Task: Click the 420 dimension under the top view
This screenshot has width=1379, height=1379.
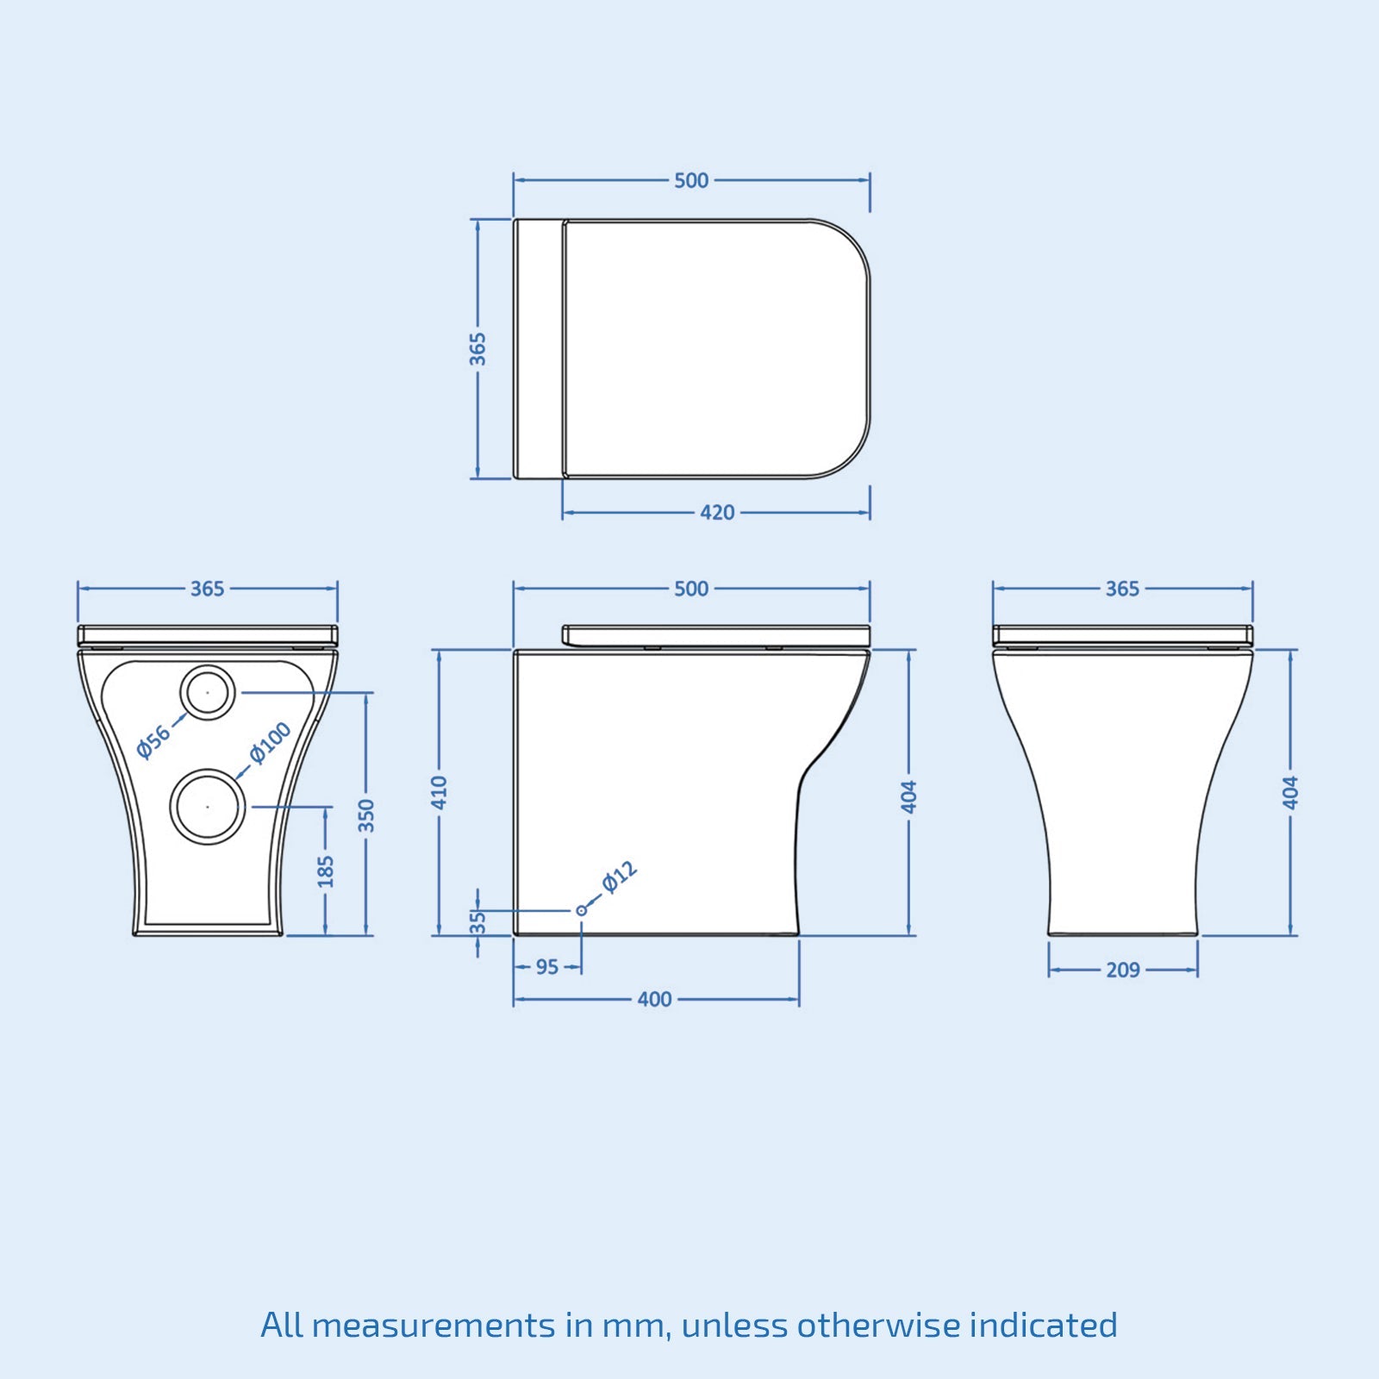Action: pyautogui.click(x=717, y=513)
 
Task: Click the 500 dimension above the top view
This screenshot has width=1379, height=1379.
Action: pyautogui.click(x=691, y=181)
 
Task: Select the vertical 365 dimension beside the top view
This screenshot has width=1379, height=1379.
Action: pyautogui.click(x=477, y=349)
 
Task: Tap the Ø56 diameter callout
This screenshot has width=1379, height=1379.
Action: pyautogui.click(x=154, y=742)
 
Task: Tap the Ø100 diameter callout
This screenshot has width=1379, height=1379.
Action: pyautogui.click(x=271, y=742)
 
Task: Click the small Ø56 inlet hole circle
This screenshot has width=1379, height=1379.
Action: pyautogui.click(x=208, y=692)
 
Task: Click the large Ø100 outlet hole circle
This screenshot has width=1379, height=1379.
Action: pyautogui.click(x=208, y=807)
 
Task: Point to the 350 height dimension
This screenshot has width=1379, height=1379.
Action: pyautogui.click(x=366, y=815)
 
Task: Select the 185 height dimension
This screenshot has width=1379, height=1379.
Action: pyautogui.click(x=326, y=870)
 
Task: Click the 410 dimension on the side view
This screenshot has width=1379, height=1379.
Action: pyautogui.click(x=440, y=793)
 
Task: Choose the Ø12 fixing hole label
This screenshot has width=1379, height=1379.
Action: pyautogui.click(x=620, y=877)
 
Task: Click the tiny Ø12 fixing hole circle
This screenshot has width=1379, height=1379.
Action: pyautogui.click(x=582, y=910)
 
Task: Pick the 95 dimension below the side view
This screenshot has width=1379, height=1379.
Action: pyautogui.click(x=547, y=967)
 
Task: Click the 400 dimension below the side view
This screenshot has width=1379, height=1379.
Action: pyautogui.click(x=655, y=1000)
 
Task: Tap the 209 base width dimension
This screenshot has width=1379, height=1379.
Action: pyautogui.click(x=1123, y=970)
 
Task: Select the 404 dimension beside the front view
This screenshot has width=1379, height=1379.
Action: pyautogui.click(x=1290, y=793)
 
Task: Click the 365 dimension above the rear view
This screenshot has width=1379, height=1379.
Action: pyautogui.click(x=207, y=589)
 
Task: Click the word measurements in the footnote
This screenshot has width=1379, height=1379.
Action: pyautogui.click(x=434, y=1326)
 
